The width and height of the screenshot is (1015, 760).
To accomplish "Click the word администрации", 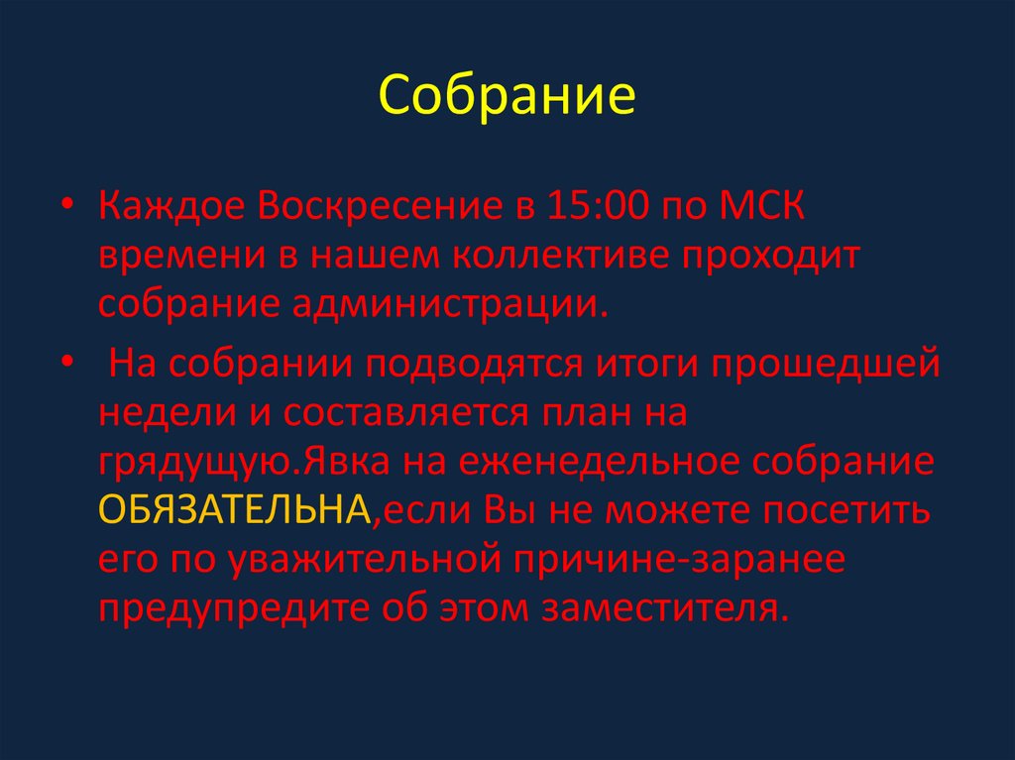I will coord(446,302).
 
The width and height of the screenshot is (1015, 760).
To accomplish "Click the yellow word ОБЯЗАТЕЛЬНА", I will coord(235,510).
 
